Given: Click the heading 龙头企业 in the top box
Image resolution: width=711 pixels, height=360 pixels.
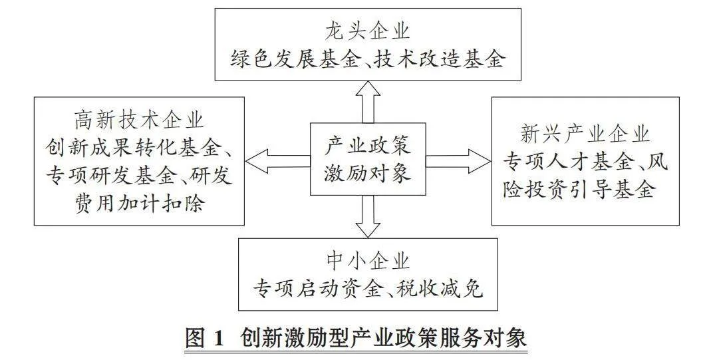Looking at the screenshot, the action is (367, 32).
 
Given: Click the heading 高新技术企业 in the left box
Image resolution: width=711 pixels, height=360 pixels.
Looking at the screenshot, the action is (139, 121).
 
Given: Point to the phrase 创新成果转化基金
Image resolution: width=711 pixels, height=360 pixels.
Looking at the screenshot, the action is (132, 148).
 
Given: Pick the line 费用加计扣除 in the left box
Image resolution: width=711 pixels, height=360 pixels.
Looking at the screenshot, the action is (139, 202).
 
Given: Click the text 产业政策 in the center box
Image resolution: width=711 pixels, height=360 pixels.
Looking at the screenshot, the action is (368, 146).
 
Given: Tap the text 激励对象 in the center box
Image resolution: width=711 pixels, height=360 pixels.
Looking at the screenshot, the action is (368, 173).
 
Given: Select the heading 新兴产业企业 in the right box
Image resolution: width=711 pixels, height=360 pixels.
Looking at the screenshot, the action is (585, 134).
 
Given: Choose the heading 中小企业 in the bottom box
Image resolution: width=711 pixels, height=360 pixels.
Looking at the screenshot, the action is (368, 262).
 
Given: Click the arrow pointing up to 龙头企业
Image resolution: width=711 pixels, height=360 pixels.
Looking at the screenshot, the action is (368, 102).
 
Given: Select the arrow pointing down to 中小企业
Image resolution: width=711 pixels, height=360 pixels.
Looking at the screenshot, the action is (368, 216).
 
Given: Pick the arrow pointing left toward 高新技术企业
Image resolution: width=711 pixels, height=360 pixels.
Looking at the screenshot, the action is (278, 162).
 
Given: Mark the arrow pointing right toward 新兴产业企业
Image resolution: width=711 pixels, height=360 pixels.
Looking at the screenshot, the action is (458, 162).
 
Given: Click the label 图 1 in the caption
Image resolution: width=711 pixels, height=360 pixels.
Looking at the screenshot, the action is (205, 338).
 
